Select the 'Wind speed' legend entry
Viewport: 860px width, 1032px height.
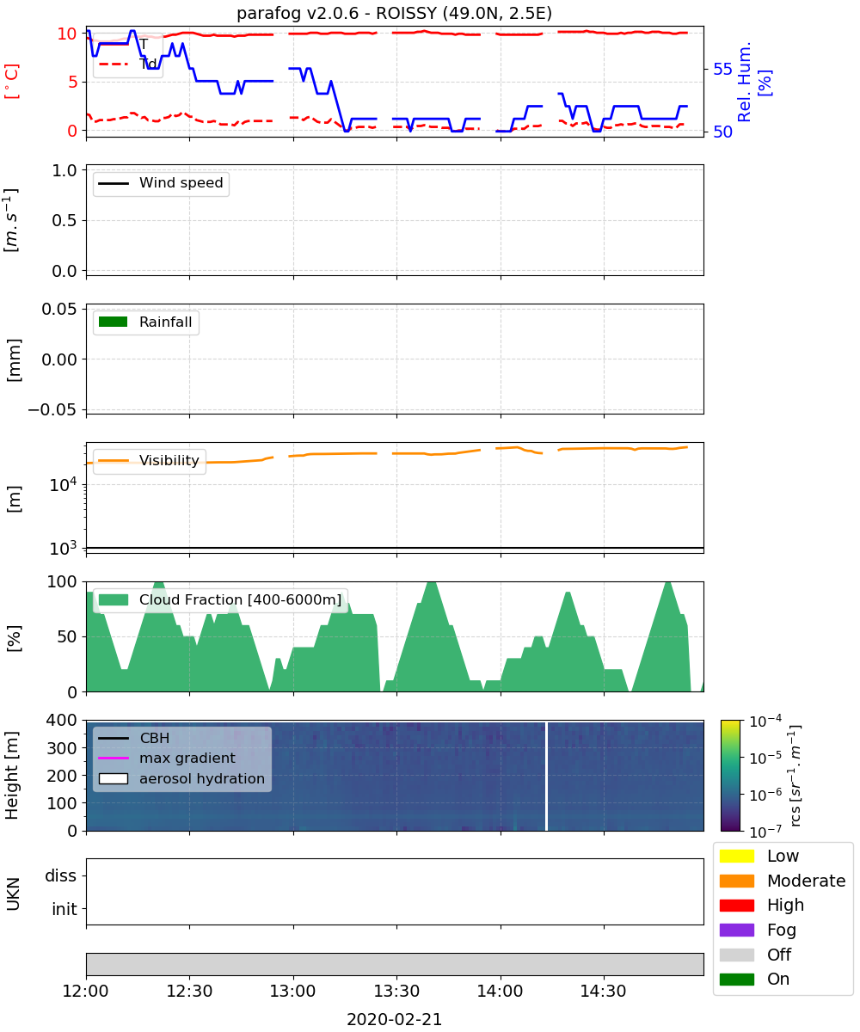161,183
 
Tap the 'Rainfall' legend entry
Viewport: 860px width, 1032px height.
145,322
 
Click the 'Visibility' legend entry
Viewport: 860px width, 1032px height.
149,460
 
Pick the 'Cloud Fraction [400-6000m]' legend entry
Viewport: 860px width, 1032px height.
220,599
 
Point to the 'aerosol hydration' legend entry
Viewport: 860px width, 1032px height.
181,778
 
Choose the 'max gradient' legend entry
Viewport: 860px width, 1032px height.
167,758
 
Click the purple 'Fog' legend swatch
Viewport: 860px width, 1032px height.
736,930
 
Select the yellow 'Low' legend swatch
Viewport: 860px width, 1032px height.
736,856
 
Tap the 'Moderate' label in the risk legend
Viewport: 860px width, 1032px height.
806,881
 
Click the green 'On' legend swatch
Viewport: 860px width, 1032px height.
736,979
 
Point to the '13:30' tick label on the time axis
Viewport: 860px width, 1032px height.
396,991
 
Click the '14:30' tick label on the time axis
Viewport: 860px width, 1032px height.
603,991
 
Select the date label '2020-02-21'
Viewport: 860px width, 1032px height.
395,1019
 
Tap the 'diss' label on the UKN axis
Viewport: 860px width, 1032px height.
61,875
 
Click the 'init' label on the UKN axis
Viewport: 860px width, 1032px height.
64,908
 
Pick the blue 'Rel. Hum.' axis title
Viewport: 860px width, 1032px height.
745,82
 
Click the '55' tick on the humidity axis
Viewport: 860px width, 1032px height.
722,69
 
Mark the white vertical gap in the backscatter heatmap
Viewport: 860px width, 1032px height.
546,776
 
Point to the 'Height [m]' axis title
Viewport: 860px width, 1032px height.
12,775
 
